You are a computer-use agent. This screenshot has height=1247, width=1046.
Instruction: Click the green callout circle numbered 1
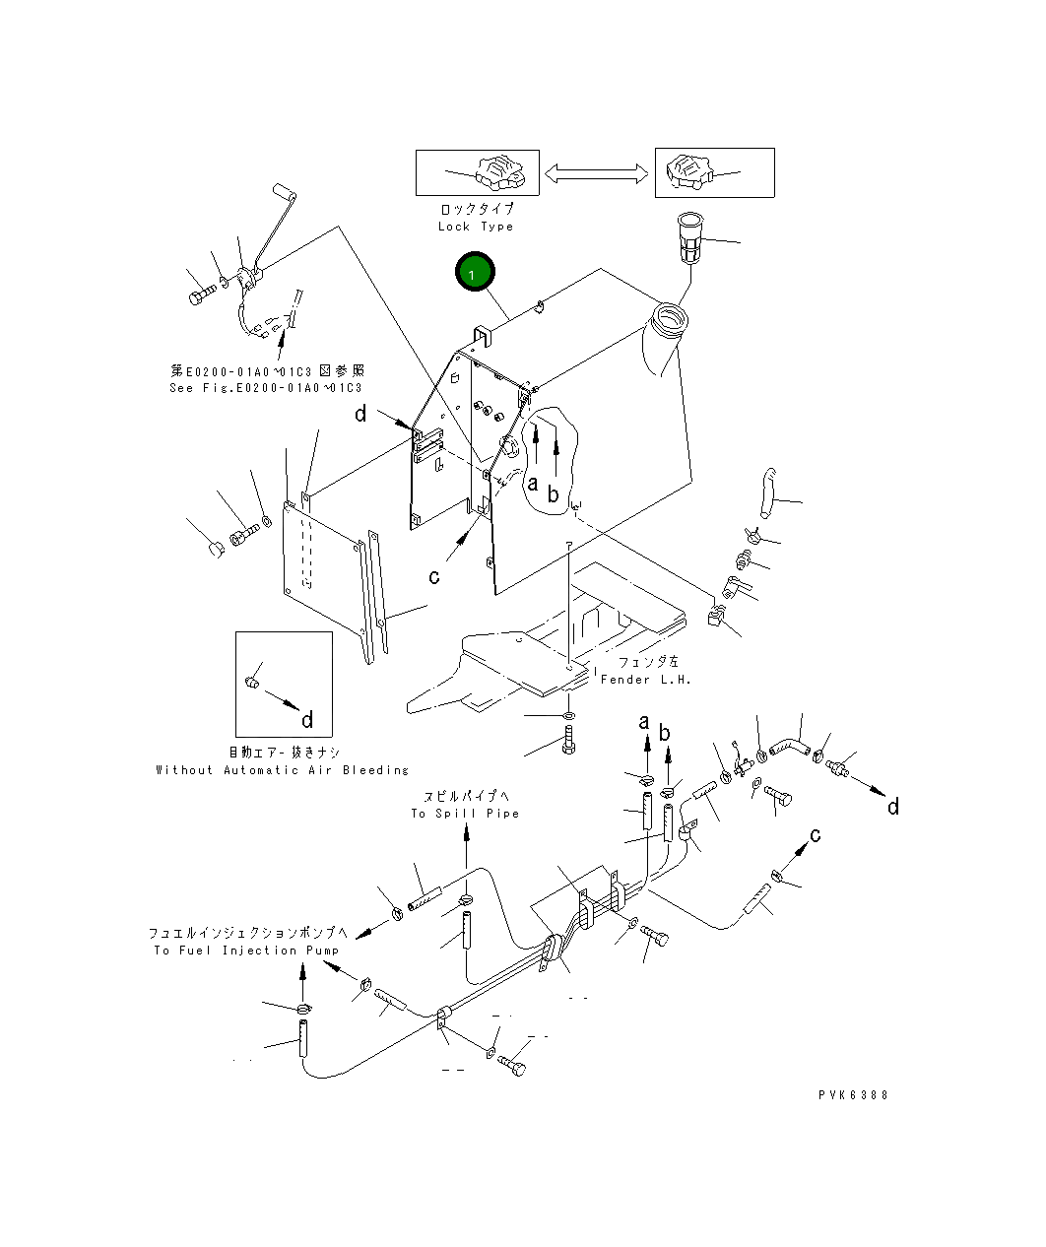point(475,272)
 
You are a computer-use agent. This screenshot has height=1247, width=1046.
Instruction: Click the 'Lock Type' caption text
point(476,227)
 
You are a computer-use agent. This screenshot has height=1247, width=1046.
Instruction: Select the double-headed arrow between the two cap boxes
point(596,173)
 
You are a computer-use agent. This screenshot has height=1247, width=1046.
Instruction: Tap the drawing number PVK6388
point(853,1094)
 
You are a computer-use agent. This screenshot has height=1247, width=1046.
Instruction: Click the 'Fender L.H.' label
point(645,679)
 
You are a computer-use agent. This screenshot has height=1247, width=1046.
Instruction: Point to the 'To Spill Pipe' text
point(465,814)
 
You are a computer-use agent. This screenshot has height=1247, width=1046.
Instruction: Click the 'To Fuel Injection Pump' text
point(246,951)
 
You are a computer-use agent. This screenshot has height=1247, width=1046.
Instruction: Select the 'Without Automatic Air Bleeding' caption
point(282,770)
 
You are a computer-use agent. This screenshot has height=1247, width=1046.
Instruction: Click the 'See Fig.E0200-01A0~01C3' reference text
point(266,388)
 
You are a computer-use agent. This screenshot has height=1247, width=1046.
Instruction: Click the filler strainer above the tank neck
point(690,236)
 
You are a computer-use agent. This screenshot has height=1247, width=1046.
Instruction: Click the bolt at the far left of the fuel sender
point(203,295)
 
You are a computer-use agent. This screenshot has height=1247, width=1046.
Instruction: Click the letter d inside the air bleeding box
point(307,720)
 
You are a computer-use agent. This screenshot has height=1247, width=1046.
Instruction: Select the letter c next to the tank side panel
point(434,577)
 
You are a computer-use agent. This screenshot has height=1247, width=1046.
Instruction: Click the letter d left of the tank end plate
point(360,414)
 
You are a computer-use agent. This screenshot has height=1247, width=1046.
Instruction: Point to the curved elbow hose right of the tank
point(767,492)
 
